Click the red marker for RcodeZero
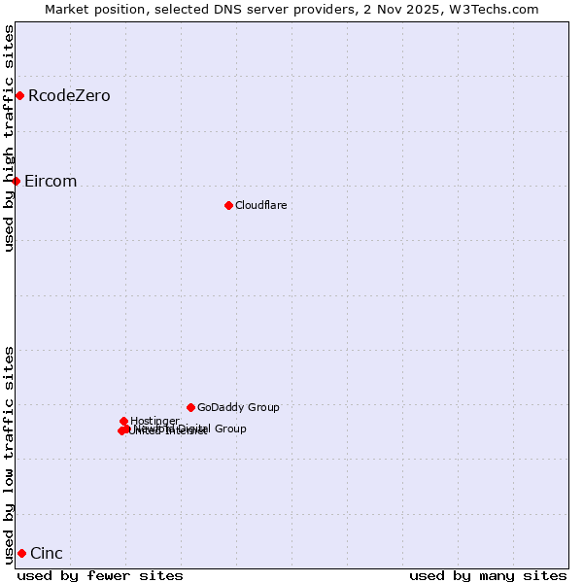pyautogui.click(x=19, y=95)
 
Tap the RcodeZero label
pyautogui.click(x=69, y=95)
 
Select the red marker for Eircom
pyautogui.click(x=16, y=181)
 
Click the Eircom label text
pyautogui.click(x=51, y=182)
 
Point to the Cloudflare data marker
pyautogui.click(x=228, y=205)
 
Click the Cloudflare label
pyautogui.click(x=261, y=205)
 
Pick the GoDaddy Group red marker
pyautogui.click(x=190, y=407)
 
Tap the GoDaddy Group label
pyautogui.click(x=238, y=407)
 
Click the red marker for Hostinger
pyautogui.click(x=123, y=421)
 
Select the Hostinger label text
pyautogui.click(x=154, y=421)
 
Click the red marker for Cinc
pyautogui.click(x=21, y=553)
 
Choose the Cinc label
pyautogui.click(x=47, y=554)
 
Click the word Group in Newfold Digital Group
pyautogui.click(x=229, y=429)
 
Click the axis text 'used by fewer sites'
pyautogui.click(x=100, y=575)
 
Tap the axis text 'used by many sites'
pyautogui.click(x=488, y=575)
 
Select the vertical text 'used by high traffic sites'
pyautogui.click(x=9, y=138)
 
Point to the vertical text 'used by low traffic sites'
pyautogui.click(x=9, y=455)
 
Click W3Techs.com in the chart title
pyautogui.click(x=498, y=9)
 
